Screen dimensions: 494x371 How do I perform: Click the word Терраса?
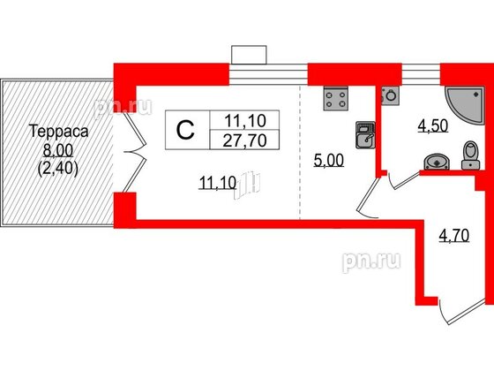click(58, 131)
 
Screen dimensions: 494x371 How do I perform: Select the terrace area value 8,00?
click(58, 150)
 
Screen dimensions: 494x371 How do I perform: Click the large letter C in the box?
click(185, 130)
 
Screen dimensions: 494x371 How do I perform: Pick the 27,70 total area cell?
click(245, 140)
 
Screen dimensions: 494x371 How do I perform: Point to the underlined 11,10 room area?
click(217, 183)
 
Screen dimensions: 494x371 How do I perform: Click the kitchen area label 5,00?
click(328, 160)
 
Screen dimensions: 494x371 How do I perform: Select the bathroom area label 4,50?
click(433, 125)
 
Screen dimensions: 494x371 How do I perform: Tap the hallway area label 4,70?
click(454, 235)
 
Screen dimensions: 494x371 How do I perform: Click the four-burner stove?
click(336, 98)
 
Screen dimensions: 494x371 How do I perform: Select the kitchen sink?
click(365, 135)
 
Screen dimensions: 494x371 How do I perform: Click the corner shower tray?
click(464, 105)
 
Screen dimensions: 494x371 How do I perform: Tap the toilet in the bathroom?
click(471, 155)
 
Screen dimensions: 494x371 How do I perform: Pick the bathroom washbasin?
click(437, 163)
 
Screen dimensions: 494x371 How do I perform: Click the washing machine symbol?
click(390, 95)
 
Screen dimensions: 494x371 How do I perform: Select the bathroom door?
click(405, 181)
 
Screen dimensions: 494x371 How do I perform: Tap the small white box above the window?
click(249, 55)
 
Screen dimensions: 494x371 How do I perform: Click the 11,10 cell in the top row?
click(245, 120)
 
